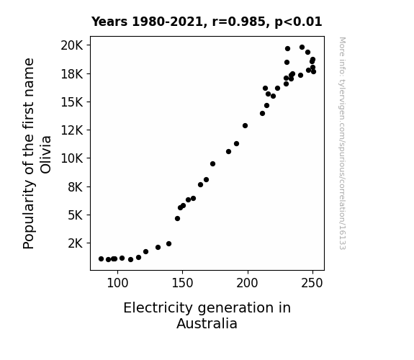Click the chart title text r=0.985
(239, 22)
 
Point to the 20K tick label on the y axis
(72, 45)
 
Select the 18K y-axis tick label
(72, 74)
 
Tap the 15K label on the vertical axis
(72, 102)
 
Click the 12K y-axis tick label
(72, 130)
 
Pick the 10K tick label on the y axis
(72, 158)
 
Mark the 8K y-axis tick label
(76, 187)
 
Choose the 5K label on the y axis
(76, 215)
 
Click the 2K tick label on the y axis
(76, 243)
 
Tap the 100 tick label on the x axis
(117, 284)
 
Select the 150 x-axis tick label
(182, 284)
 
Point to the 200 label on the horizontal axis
(247, 284)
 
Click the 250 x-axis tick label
(312, 284)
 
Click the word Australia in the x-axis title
(207, 323)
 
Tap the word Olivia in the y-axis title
(45, 155)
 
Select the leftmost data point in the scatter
(101, 259)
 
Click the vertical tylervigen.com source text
(342, 143)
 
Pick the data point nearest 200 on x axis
(245, 126)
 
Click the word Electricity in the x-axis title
(158, 308)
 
